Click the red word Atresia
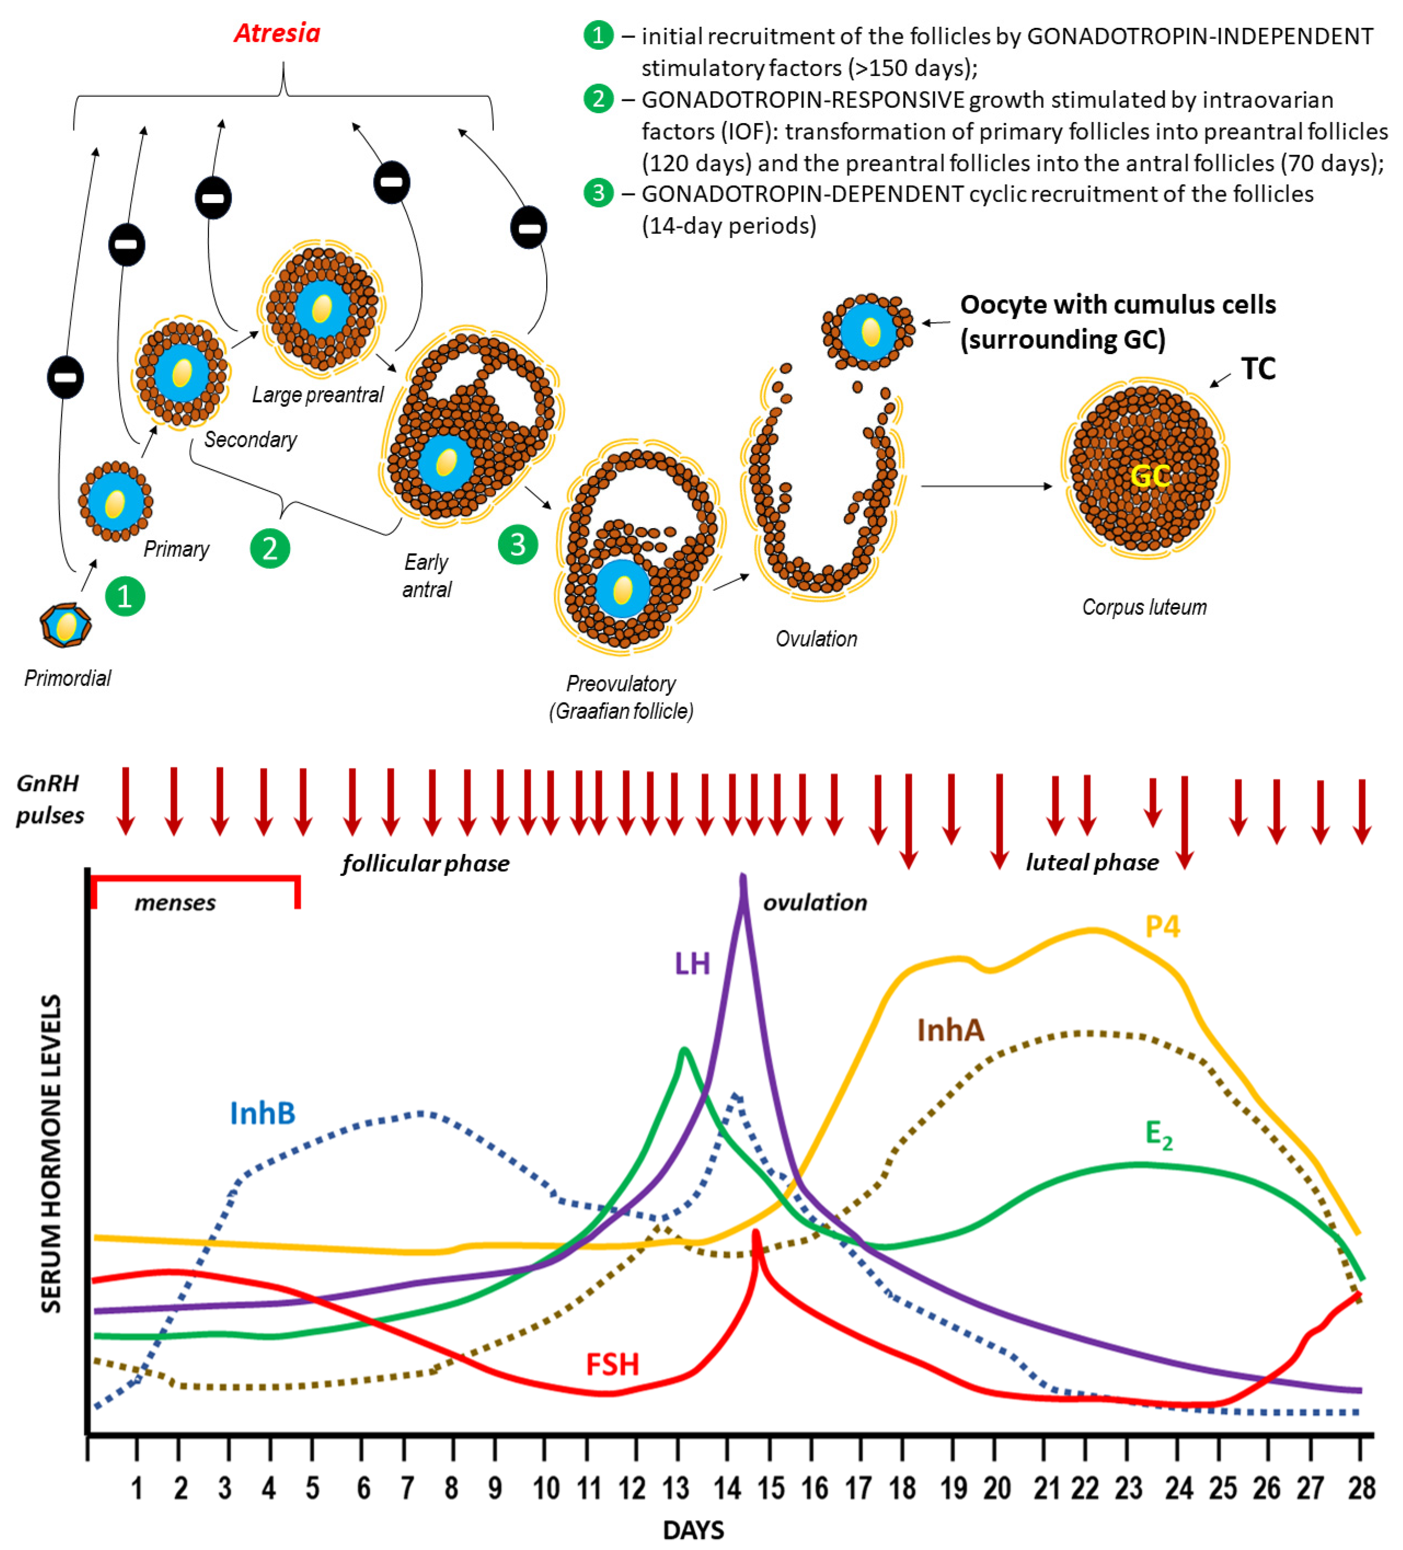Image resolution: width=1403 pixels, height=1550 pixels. coord(277,33)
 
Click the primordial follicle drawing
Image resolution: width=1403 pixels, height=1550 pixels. coord(66,625)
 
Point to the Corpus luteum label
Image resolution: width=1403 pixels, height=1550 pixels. coord(1144,608)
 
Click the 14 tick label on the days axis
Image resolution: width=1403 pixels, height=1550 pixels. coord(727,1488)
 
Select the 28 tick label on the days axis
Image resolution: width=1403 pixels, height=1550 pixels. coord(1361,1488)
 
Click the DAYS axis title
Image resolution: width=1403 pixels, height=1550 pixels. coord(693,1530)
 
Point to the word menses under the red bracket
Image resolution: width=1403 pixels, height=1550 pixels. coord(175,903)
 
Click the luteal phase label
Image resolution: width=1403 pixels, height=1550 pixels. coord(1092,863)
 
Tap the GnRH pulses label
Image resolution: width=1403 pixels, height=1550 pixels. coord(49,800)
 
